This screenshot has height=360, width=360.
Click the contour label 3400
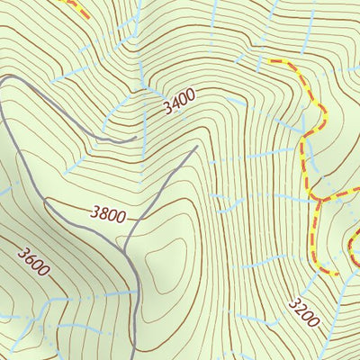click(x=180, y=103)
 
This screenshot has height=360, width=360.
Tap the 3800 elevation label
click(x=108, y=214)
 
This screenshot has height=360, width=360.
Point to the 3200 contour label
click(x=304, y=310)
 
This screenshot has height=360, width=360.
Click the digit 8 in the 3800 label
click(x=101, y=214)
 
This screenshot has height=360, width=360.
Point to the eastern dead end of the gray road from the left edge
click(x=135, y=138)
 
